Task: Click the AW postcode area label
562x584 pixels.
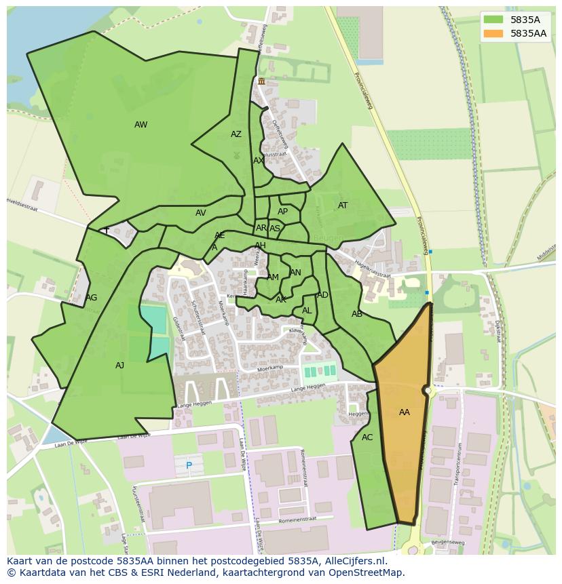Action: (140, 125)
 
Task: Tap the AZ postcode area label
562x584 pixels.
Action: (236, 134)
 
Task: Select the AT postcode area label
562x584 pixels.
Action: (343, 206)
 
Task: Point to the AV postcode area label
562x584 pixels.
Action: (200, 213)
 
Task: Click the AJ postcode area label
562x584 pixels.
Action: (119, 366)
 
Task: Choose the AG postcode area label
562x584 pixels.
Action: (92, 298)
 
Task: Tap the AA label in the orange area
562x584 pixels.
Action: (405, 412)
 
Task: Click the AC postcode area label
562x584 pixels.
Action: (367, 437)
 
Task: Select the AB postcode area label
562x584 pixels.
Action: (357, 314)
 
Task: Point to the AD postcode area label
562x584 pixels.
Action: (322, 295)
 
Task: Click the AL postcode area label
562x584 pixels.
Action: (307, 311)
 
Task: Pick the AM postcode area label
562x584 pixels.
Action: (273, 277)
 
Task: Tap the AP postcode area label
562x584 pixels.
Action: (282, 212)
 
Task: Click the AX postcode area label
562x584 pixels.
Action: (258, 161)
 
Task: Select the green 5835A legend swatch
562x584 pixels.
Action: (493, 20)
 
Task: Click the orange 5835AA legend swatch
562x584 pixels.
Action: (493, 33)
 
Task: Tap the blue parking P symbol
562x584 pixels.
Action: (189, 465)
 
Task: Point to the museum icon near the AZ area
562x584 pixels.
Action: (261, 81)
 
